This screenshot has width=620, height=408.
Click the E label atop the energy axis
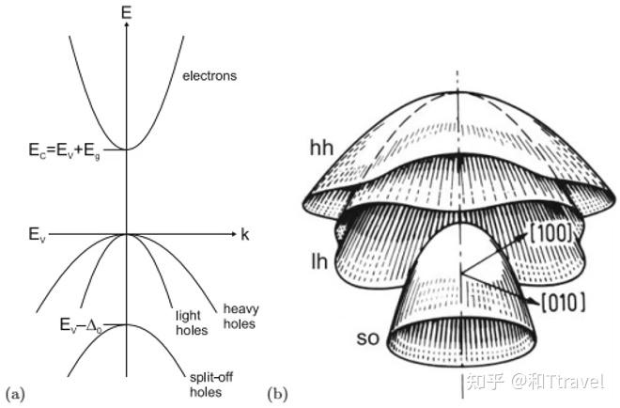click(x=125, y=11)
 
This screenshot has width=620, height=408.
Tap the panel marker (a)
click(x=14, y=389)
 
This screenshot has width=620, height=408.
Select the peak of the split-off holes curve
click(x=125, y=325)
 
